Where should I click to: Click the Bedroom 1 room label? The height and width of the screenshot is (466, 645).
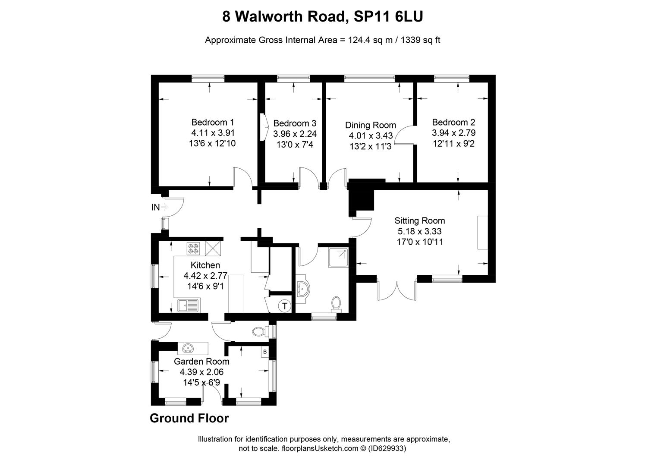click(212, 122)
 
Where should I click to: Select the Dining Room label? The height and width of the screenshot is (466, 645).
click(370, 125)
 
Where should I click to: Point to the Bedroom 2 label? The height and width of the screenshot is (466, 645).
click(453, 122)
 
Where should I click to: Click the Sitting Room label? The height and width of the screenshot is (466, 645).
click(419, 221)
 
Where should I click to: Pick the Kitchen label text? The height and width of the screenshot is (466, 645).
click(205, 265)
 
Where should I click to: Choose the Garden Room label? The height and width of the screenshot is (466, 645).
click(201, 362)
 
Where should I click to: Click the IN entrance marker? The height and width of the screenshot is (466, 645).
click(155, 207)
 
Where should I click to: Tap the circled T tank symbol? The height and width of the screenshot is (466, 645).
click(284, 307)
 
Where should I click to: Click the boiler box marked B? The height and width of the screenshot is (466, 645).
click(265, 352)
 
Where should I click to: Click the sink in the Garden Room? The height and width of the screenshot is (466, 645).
click(188, 347)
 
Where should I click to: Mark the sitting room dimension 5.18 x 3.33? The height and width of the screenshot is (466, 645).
click(419, 232)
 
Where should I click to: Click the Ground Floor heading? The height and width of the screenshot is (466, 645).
click(189, 418)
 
